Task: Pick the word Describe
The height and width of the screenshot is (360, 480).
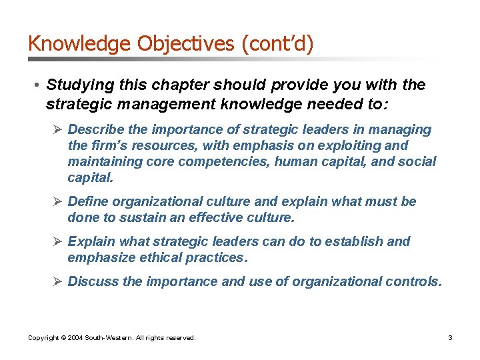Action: point(94,129)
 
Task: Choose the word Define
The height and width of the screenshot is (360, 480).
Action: point(88,201)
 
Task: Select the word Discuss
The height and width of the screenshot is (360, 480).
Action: point(93,281)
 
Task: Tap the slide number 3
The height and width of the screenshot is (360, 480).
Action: point(450,338)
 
